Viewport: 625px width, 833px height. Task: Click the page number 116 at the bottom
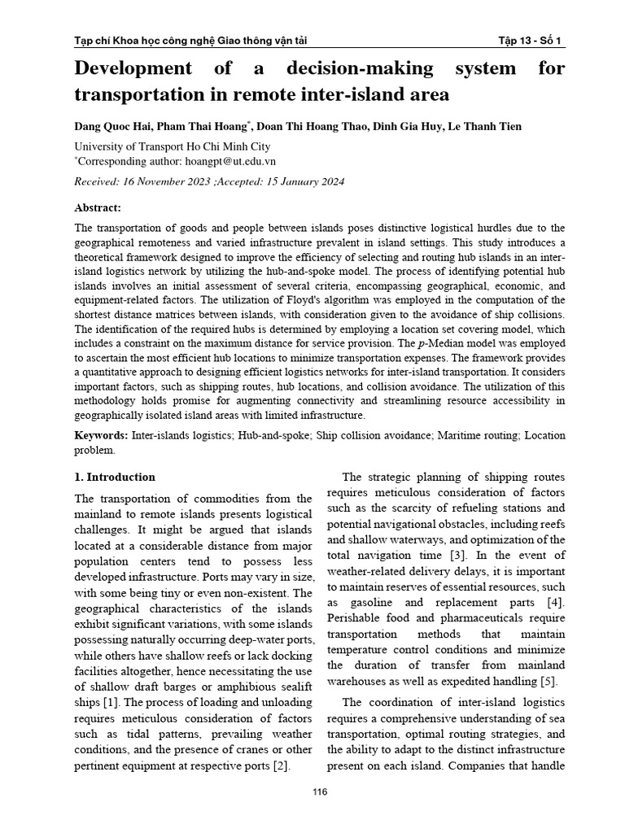click(312, 792)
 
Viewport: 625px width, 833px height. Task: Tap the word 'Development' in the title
click(134, 68)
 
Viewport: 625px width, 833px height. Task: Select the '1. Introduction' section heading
click(115, 477)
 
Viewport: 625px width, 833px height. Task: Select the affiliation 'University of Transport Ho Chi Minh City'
click(172, 146)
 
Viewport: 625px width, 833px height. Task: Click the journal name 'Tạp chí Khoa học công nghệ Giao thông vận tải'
click(190, 41)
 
